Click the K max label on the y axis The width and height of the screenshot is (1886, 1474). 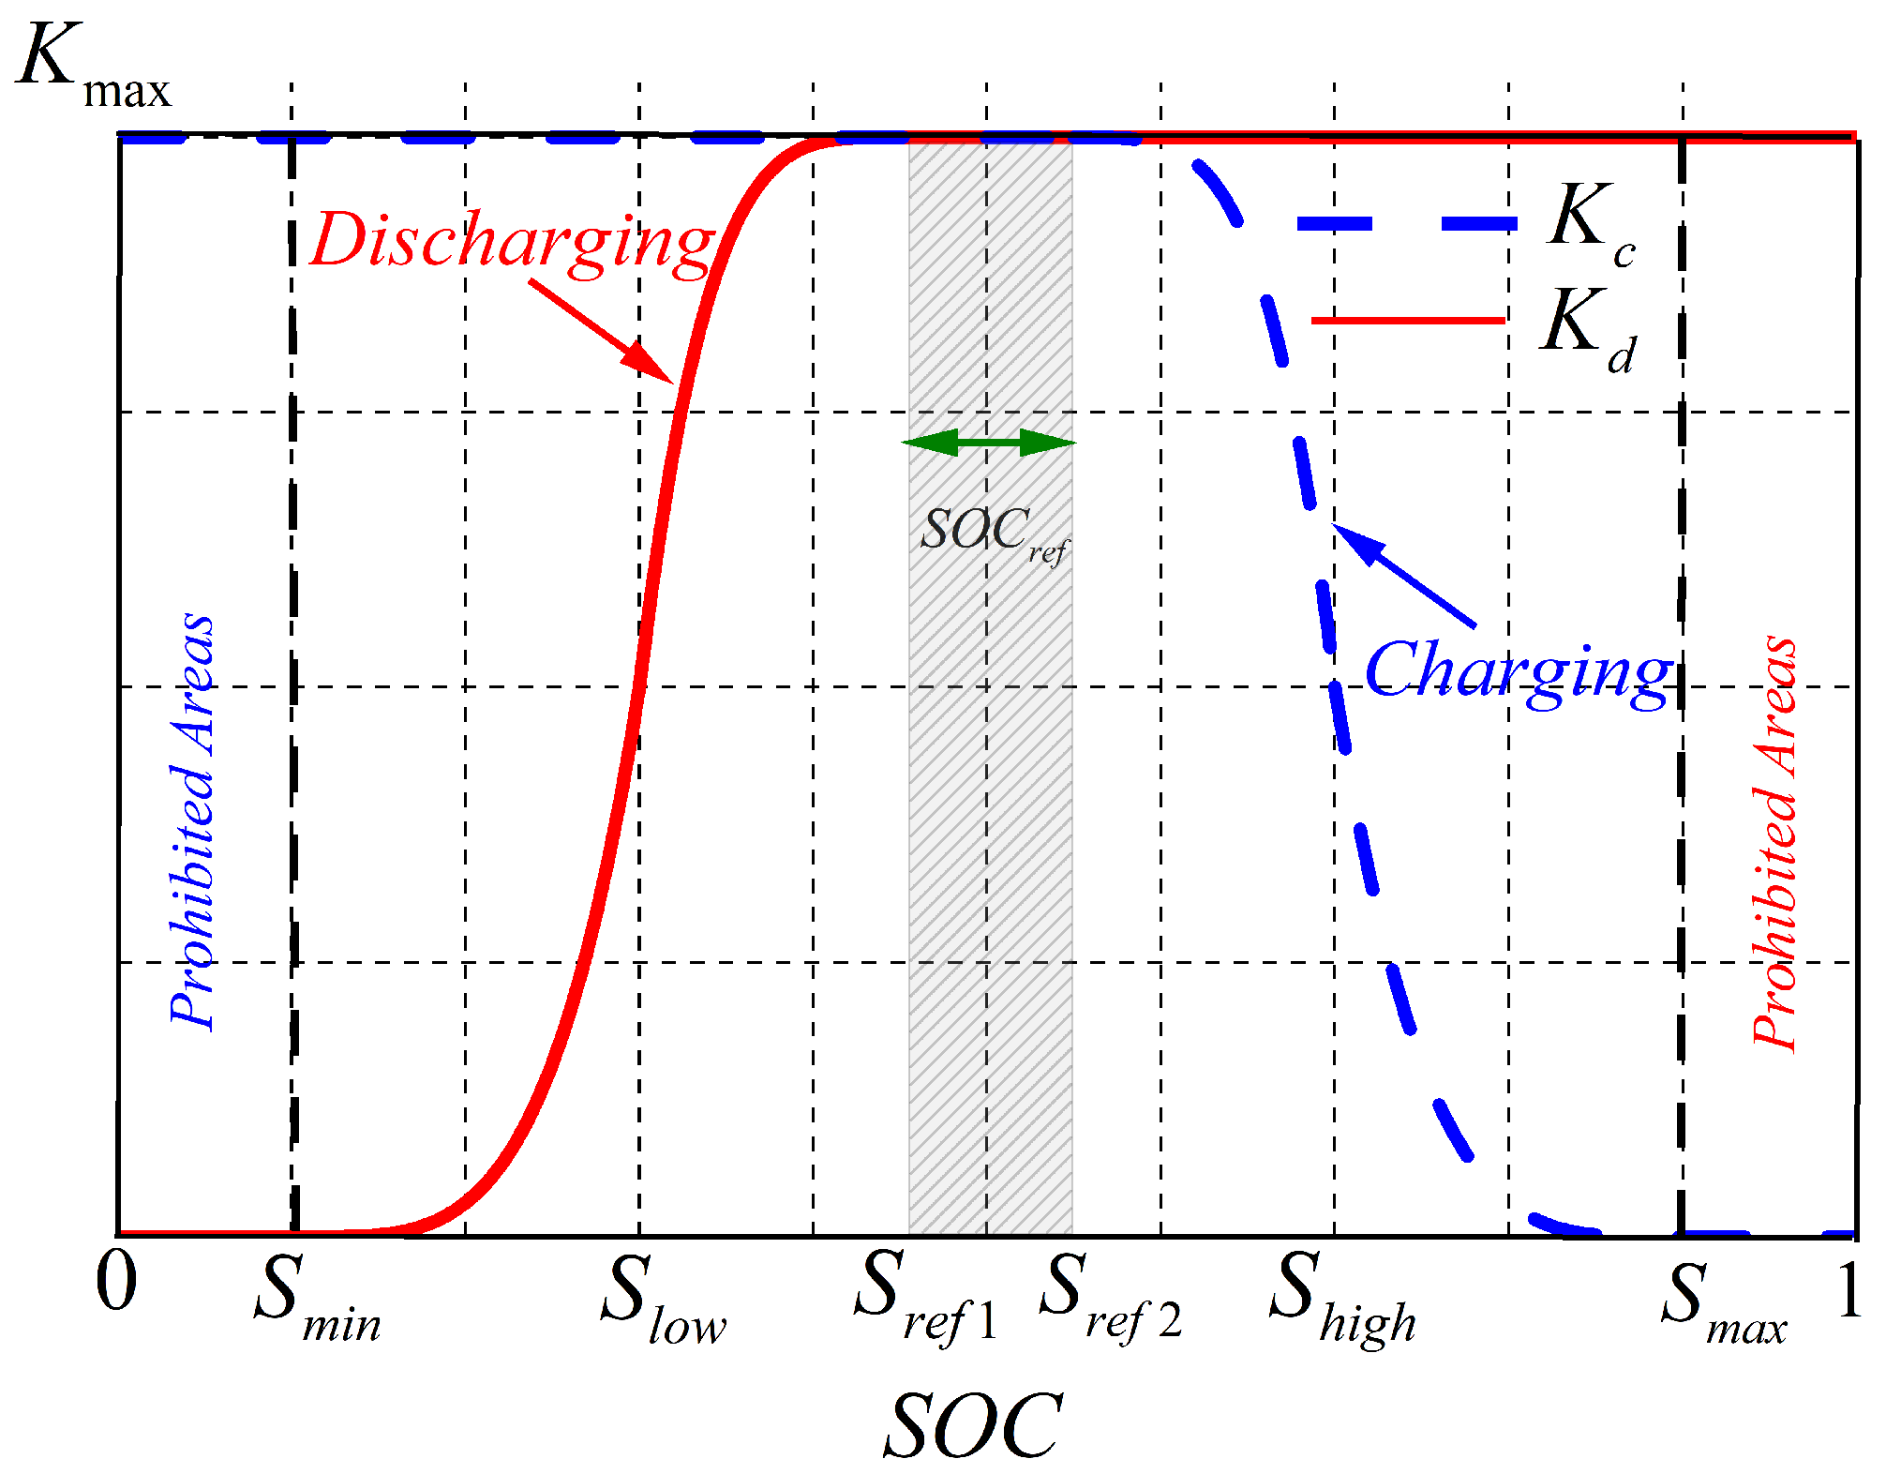94,66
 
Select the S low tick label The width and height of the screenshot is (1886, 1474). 662,1301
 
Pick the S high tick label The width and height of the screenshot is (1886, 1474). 1340,1301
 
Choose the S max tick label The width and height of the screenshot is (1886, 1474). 1723,1303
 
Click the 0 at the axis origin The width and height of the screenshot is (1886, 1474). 116,1285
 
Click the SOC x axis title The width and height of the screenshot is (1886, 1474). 973,1425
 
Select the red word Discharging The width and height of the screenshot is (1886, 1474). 512,242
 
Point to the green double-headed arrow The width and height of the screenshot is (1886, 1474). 989,443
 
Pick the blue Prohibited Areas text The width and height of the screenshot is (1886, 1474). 192,820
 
